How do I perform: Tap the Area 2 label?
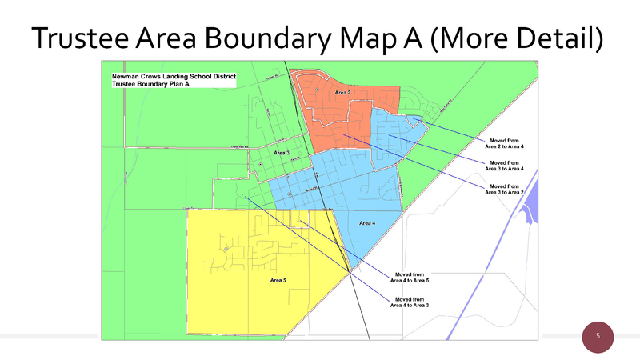(342, 94)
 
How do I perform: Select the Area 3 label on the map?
(282, 152)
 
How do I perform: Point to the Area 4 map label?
(367, 222)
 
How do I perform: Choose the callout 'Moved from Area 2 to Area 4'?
(505, 143)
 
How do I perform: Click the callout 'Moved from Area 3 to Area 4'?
(505, 166)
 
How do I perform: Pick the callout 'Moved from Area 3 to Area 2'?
(505, 189)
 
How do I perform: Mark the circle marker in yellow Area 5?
(226, 250)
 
